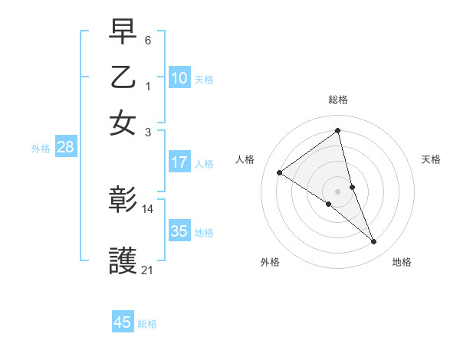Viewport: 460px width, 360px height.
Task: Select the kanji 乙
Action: [x=123, y=78]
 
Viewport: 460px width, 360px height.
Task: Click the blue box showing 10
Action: [x=179, y=78]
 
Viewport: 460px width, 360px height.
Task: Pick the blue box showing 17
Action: [x=179, y=162]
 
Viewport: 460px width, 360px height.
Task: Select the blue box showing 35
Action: [x=179, y=231]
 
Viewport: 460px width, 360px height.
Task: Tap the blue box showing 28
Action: [x=65, y=148]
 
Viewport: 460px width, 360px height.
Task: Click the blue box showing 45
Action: [x=123, y=322]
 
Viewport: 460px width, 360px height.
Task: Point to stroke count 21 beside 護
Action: [x=148, y=270]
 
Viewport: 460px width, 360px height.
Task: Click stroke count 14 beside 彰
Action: [x=148, y=208]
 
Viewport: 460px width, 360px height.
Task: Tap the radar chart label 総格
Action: [x=338, y=100]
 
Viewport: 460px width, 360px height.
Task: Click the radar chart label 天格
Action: [x=431, y=159]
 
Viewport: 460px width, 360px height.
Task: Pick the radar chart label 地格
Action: [x=402, y=262]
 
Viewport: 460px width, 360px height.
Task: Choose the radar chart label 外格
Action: [x=270, y=262]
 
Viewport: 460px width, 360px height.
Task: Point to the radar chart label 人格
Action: [x=245, y=159]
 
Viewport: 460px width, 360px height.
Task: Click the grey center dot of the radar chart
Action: [x=337, y=191]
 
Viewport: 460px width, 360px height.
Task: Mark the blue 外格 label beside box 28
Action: [x=40, y=149]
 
